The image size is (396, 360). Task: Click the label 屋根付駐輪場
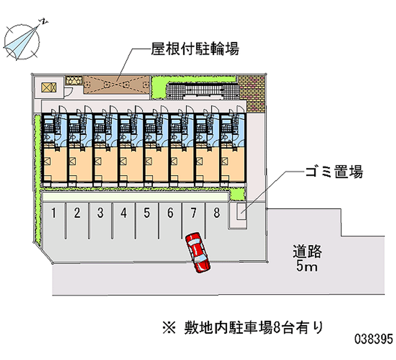[x=196, y=50]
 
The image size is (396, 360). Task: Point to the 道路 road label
[x=307, y=252]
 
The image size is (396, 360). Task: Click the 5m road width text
[x=307, y=267]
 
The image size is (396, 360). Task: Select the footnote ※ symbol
[x=165, y=327]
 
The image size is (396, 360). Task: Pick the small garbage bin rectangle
[x=240, y=211]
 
